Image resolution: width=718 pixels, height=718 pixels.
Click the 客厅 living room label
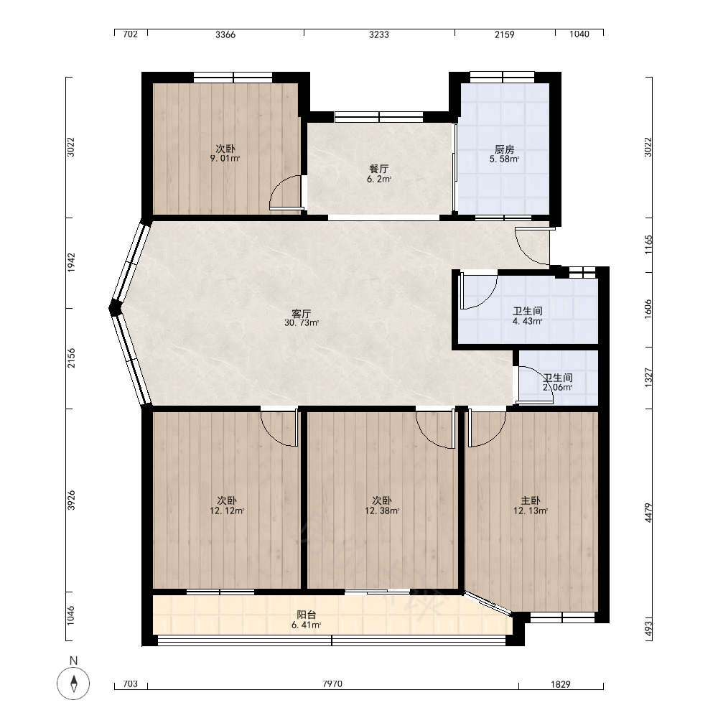click(x=302, y=314)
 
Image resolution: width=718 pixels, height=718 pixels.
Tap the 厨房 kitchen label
click(x=504, y=149)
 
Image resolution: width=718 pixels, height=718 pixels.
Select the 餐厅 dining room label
click(x=379, y=169)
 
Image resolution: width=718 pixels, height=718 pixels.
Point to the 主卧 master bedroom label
click(x=531, y=501)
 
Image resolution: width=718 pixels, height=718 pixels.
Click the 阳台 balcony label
click(x=307, y=615)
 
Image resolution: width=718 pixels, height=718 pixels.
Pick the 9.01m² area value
click(x=225, y=159)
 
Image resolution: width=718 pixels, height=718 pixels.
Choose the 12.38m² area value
click(x=382, y=511)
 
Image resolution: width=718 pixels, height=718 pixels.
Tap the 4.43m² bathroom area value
click(x=528, y=322)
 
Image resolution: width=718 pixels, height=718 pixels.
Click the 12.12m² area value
click(x=227, y=511)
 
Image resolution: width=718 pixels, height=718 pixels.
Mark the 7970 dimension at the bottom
click(x=332, y=684)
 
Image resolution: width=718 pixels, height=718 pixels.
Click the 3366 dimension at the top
click(x=225, y=34)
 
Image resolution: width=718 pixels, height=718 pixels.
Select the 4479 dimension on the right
click(x=648, y=513)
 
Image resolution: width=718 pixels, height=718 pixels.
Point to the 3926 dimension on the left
click(x=71, y=500)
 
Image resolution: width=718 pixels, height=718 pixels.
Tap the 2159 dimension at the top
click(x=505, y=34)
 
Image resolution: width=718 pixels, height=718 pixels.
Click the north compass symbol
click(x=73, y=684)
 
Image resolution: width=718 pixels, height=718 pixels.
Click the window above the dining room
click(x=379, y=117)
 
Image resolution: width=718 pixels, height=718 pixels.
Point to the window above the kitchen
click(x=503, y=77)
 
